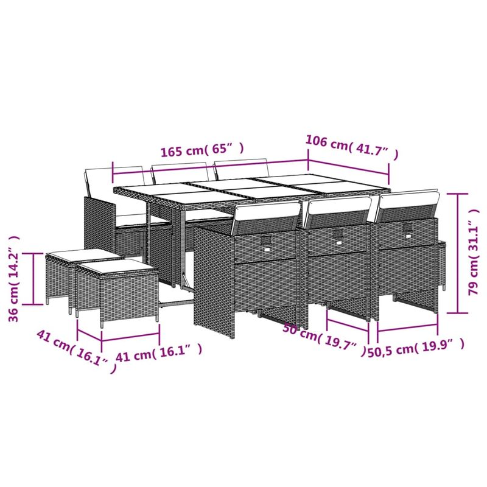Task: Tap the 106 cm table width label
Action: click(352, 146)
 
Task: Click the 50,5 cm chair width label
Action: click(417, 349)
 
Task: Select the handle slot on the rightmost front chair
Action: click(407, 228)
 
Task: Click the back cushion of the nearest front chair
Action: click(266, 218)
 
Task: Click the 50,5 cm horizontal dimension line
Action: click(416, 334)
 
